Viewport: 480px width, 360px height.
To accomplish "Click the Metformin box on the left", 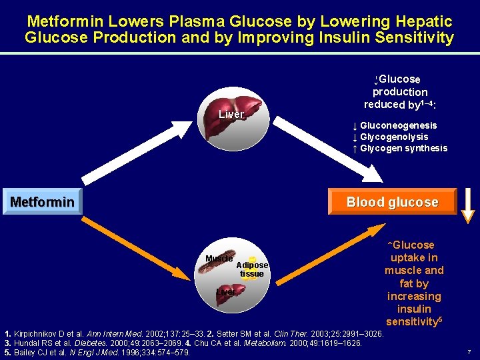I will click(x=42, y=201).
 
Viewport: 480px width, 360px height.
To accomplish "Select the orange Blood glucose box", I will click(x=392, y=202).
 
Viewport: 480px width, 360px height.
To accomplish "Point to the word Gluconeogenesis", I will click(x=398, y=125).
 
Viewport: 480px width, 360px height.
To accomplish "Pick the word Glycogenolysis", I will click(x=394, y=137).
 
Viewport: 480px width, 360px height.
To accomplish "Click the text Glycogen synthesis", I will click(x=403, y=148).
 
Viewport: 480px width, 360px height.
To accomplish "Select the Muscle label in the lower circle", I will click(x=219, y=258).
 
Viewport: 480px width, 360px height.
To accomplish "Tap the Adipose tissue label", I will click(x=252, y=269).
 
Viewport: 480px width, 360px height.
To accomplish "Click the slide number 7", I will click(x=469, y=351).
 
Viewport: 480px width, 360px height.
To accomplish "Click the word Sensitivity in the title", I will click(x=409, y=37).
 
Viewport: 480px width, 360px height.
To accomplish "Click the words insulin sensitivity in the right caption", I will click(x=413, y=315).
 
